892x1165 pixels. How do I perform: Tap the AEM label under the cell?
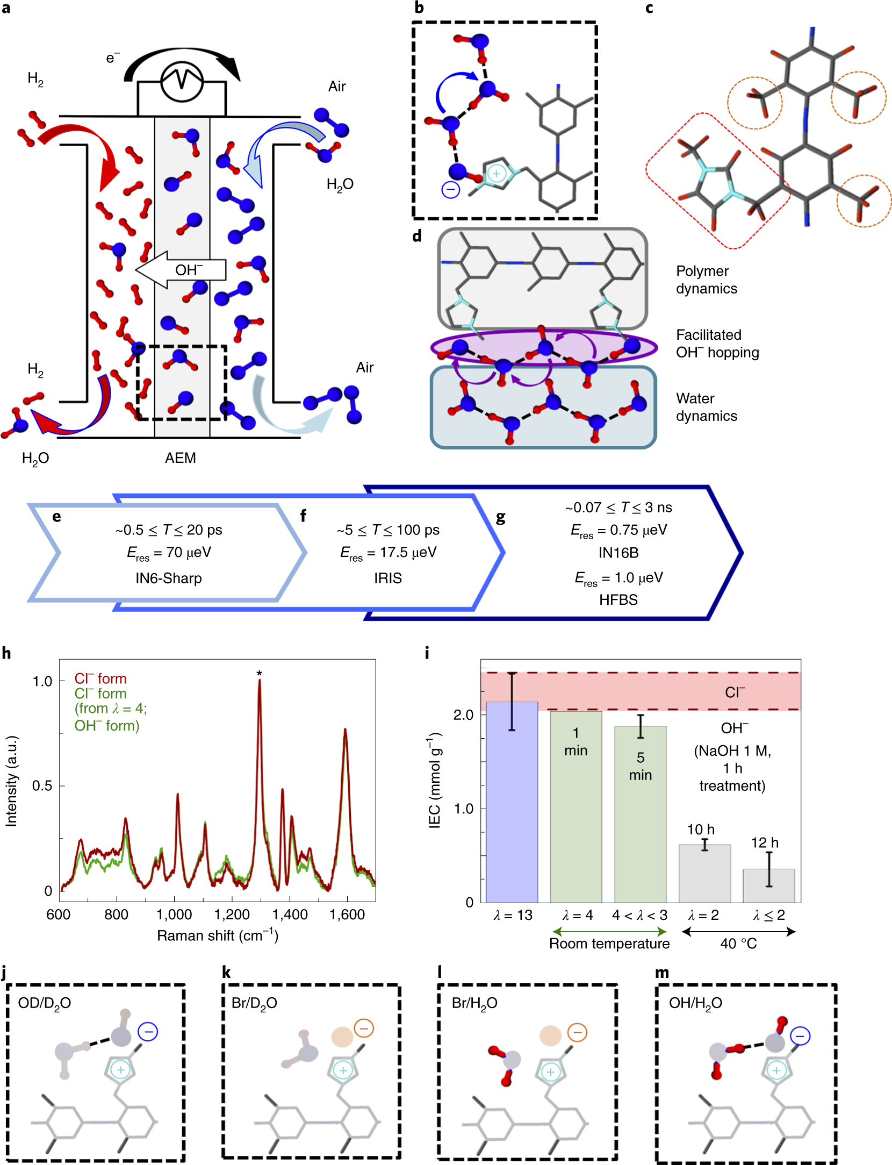(180, 458)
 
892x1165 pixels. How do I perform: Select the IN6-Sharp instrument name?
(168, 578)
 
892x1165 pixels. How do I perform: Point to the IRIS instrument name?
(387, 578)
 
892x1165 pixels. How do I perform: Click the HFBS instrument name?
(618, 599)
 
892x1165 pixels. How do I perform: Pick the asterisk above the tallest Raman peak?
(260, 673)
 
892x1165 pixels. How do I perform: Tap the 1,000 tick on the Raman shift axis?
(174, 914)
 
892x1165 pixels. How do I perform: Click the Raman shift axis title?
(217, 936)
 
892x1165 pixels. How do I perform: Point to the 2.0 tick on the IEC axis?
(463, 714)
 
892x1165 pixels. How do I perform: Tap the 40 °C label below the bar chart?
(738, 944)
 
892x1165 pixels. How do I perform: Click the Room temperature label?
(609, 944)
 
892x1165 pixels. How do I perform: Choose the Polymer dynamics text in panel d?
(706, 280)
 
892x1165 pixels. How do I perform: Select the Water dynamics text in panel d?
(706, 407)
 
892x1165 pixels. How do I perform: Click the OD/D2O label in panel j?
(45, 1003)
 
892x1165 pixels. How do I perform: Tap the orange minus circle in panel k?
(364, 1028)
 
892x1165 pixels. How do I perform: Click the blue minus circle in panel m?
(800, 1035)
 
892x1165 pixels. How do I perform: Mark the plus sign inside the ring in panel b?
(497, 174)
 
